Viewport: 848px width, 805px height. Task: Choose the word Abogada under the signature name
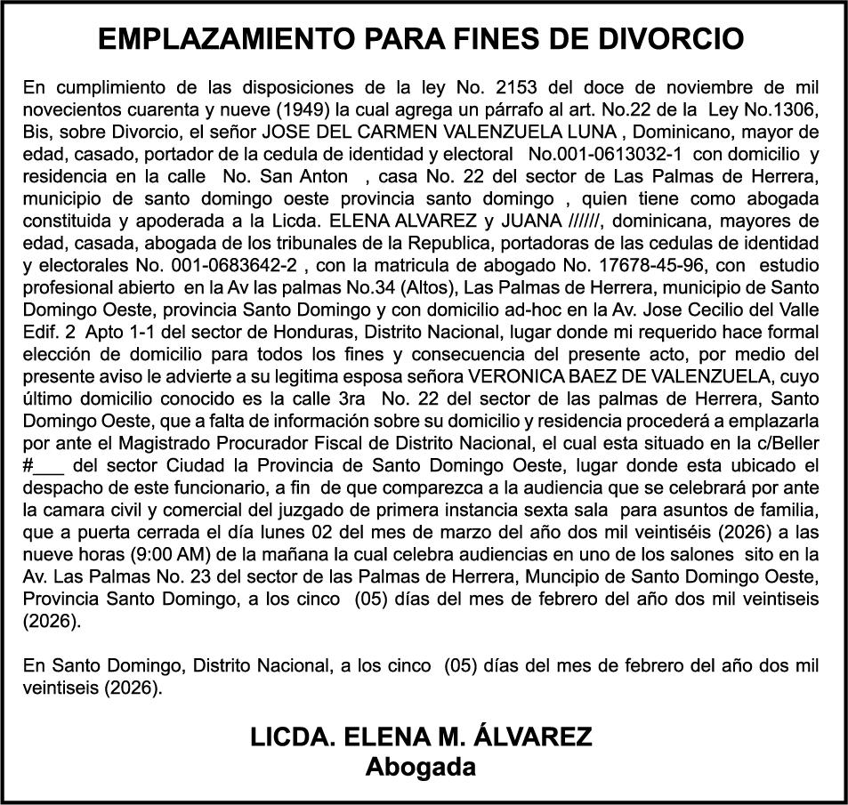click(420, 766)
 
